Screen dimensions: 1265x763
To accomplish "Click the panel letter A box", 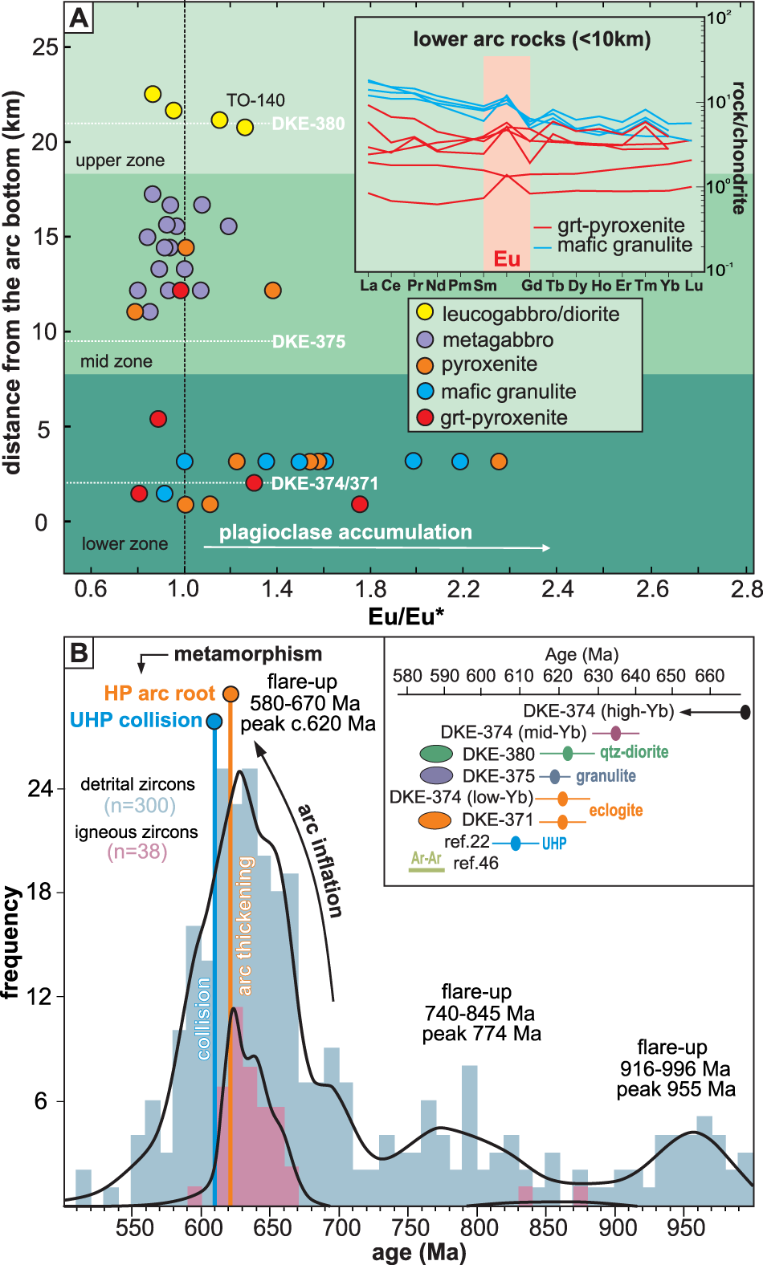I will tap(79, 18).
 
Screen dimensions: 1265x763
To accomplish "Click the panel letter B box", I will tap(79, 653).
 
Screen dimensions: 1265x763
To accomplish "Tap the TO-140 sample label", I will tap(255, 100).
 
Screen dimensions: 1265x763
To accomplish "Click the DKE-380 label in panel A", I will tap(308, 124).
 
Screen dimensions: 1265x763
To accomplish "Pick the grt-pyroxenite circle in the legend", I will tap(426, 417).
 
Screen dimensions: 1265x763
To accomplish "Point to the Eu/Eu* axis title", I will tap(406, 616).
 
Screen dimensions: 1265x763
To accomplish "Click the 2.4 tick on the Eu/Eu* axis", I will tap(557, 590).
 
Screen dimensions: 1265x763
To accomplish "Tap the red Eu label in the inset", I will tap(507, 258).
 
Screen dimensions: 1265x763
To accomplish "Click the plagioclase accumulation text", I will tap(345, 532).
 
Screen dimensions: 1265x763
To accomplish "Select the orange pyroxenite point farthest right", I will tap(499, 462).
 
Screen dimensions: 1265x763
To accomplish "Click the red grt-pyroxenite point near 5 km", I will tap(158, 419).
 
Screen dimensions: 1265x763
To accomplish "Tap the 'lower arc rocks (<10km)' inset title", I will tap(532, 39).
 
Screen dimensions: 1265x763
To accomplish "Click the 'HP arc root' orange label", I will tap(159, 694).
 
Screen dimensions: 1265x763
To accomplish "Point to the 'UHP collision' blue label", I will tap(136, 720).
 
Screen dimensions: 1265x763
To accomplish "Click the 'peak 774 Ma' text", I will tap(482, 1034).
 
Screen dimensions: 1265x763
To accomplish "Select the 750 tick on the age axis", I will tap(410, 1227).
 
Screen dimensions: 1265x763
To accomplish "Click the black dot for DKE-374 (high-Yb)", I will tap(745, 711).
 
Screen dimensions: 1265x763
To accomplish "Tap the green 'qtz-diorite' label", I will tap(634, 752).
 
